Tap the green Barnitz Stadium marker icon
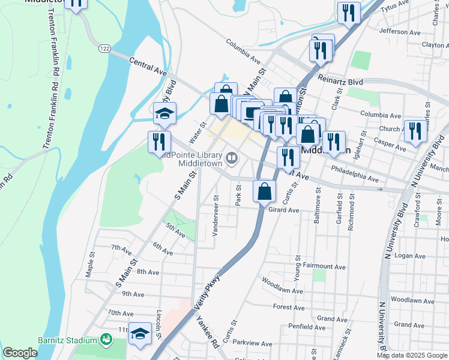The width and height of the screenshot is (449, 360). click(106, 340)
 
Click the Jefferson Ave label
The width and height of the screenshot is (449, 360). click(400, 32)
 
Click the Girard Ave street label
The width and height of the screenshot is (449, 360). click(283, 210)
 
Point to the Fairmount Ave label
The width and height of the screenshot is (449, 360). click(325, 266)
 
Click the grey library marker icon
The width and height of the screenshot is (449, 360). click(232, 159)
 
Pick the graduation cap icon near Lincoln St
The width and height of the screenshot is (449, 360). click(140, 334)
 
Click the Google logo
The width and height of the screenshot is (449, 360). click(20, 353)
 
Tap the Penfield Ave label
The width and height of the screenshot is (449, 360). click(307, 327)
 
